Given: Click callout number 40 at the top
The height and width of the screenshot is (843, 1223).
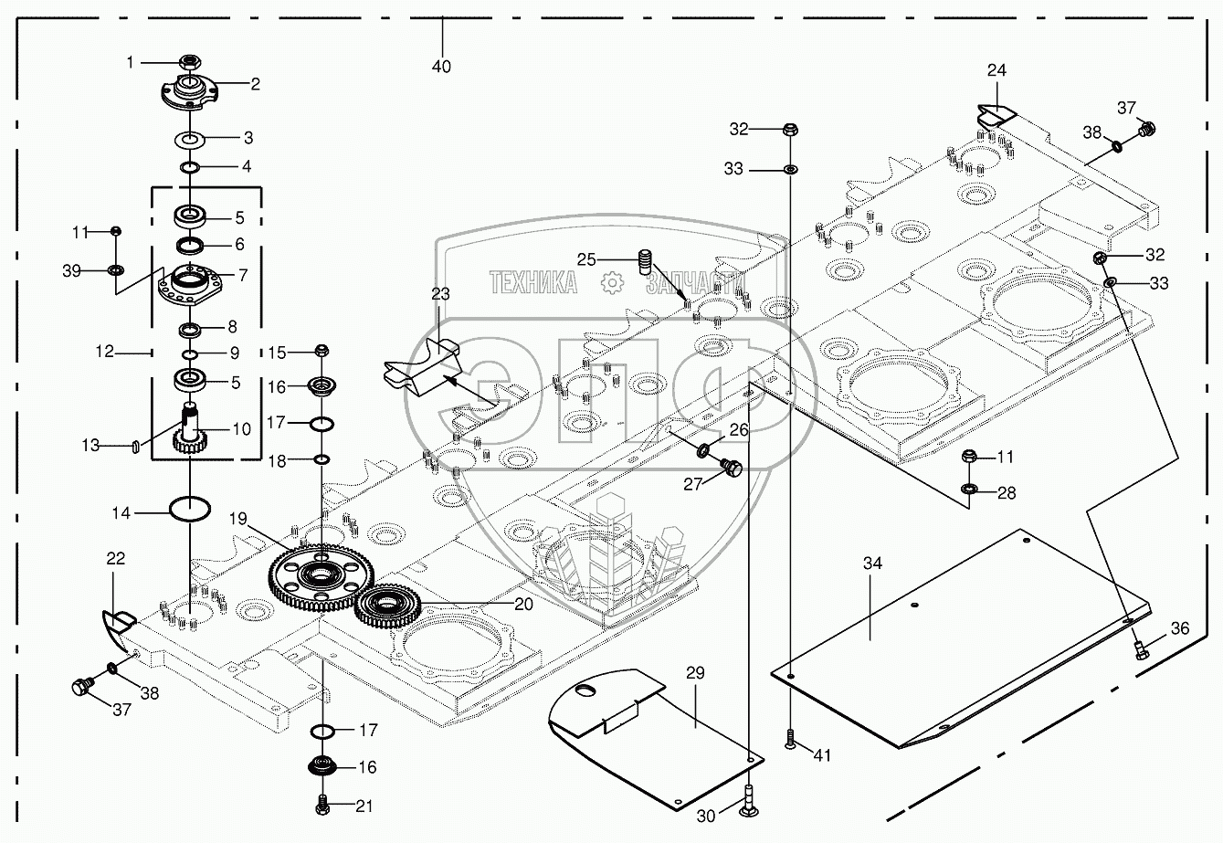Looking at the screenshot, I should click(x=443, y=67).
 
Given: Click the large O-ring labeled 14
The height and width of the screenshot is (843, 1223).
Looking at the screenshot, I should click(x=190, y=509).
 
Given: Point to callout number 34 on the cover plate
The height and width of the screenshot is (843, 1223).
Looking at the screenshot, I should click(x=872, y=564).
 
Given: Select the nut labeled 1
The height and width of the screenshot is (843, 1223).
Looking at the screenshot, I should click(x=191, y=62).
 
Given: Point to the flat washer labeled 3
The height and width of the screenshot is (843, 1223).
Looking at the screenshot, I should click(x=190, y=140).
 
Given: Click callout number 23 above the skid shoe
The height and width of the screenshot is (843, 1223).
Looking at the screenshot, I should click(x=440, y=295).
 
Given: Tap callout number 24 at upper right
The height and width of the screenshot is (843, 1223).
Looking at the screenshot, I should click(x=996, y=69).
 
